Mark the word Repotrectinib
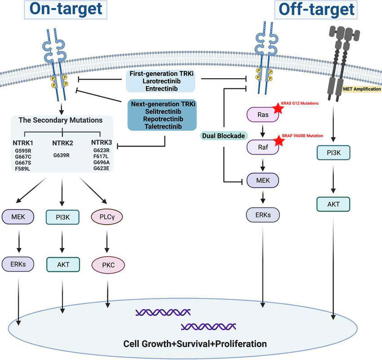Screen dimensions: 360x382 (x=162, y=120)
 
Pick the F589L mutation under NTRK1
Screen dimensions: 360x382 (x=22, y=168)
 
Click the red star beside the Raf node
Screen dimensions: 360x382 (x=279, y=141)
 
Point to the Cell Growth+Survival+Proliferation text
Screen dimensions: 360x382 (x=195, y=344)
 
